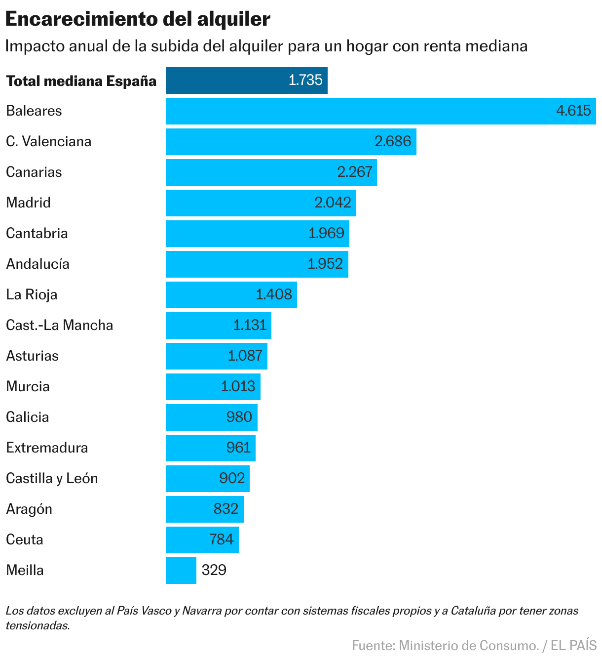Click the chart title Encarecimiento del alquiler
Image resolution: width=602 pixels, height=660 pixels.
click(x=138, y=19)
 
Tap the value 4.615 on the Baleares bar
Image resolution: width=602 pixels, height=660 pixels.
click(x=573, y=110)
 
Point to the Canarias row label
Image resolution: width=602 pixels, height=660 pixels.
click(x=34, y=172)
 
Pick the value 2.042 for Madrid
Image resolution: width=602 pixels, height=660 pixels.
click(x=333, y=203)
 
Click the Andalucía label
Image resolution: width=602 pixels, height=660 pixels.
click(x=38, y=264)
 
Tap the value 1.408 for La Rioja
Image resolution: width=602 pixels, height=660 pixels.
click(x=273, y=294)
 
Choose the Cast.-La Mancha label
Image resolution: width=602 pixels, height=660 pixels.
click(x=60, y=325)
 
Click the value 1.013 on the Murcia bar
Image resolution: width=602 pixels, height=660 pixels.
click(x=238, y=386)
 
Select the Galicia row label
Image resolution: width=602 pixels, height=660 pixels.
click(x=28, y=417)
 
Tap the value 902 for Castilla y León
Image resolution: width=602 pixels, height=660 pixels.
click(x=232, y=478)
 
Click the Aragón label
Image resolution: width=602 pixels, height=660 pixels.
click(x=29, y=509)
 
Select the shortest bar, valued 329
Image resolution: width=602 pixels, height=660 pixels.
click(x=181, y=571)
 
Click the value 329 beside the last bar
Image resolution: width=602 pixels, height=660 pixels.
click(x=214, y=570)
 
